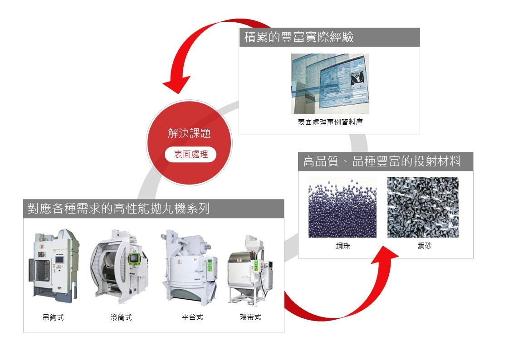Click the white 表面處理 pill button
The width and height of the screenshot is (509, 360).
pyautogui.click(x=191, y=154)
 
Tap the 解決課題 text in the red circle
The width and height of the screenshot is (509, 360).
pyautogui.click(x=189, y=133)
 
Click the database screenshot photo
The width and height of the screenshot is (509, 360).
pyautogui.click(x=330, y=84)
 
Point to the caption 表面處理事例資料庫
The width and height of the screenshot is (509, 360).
pyautogui.click(x=330, y=122)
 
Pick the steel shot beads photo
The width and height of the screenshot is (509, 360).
pyautogui.click(x=342, y=207)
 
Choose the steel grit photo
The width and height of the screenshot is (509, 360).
pyautogui.click(x=423, y=207)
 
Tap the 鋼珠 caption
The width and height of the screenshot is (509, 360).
pyautogui.click(x=343, y=246)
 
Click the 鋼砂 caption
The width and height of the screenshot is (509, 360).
pyautogui.click(x=425, y=246)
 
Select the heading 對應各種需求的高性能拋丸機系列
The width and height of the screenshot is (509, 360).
pyautogui.click(x=116, y=209)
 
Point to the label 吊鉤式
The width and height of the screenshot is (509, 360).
pyautogui.click(x=53, y=317)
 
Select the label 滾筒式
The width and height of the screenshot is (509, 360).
pyautogui.click(x=121, y=317)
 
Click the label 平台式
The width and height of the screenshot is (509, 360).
pyautogui.click(x=192, y=317)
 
